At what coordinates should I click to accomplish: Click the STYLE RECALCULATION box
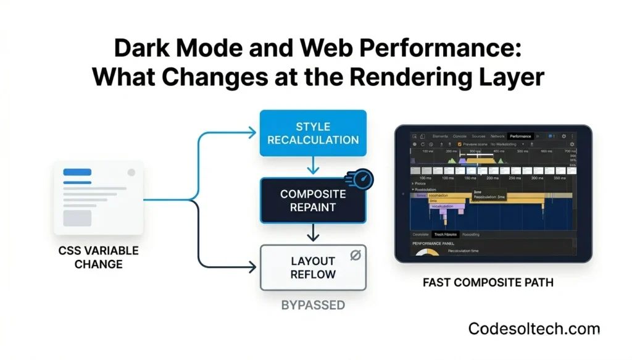pyautogui.click(x=313, y=133)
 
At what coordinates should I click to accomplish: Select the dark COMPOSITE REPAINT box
pyautogui.click(x=313, y=201)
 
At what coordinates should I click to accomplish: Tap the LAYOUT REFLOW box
pyautogui.click(x=313, y=267)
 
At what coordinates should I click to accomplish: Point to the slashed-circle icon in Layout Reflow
pyautogui.click(x=355, y=255)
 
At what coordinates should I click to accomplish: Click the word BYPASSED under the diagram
pyautogui.click(x=313, y=305)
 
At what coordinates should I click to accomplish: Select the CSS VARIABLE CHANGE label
pyautogui.click(x=99, y=257)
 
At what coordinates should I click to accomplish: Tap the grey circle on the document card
pyautogui.click(x=131, y=173)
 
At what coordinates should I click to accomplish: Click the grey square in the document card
pyautogui.click(x=77, y=218)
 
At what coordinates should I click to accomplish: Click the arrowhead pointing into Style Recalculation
pyautogui.click(x=252, y=132)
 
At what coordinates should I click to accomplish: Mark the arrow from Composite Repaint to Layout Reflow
pyautogui.click(x=313, y=233)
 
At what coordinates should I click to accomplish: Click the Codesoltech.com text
pyautogui.click(x=534, y=329)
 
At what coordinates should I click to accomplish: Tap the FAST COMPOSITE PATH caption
pyautogui.click(x=488, y=283)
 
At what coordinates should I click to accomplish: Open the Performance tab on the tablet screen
pyautogui.click(x=520, y=136)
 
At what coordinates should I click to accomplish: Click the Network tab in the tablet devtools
pyautogui.click(x=497, y=136)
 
